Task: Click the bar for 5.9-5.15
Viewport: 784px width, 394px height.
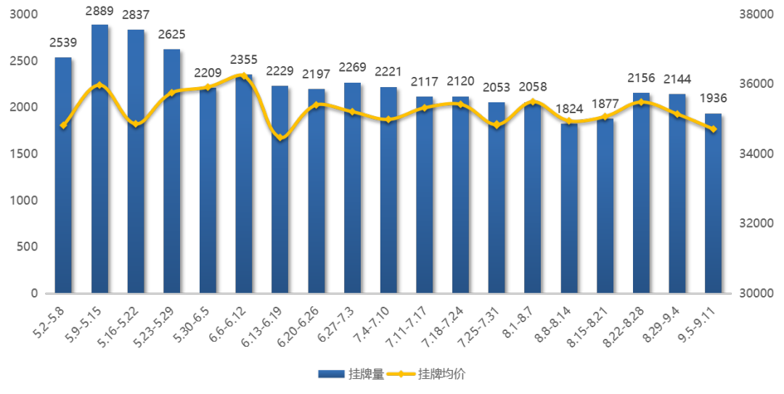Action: [x=99, y=160]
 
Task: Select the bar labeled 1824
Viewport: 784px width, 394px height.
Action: [x=569, y=210]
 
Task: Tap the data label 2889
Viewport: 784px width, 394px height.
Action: [x=99, y=12]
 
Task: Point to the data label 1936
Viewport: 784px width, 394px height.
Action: [x=713, y=99]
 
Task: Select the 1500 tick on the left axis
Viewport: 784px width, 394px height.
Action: [x=27, y=154]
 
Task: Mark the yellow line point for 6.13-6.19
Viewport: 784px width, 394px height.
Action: [x=280, y=137]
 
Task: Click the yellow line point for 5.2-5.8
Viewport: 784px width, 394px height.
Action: [x=64, y=126]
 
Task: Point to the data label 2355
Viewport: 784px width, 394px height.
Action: [x=244, y=59]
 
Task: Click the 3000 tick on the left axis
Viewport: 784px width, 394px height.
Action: [x=27, y=15]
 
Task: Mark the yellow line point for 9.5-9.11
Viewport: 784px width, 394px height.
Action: [x=713, y=129]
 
